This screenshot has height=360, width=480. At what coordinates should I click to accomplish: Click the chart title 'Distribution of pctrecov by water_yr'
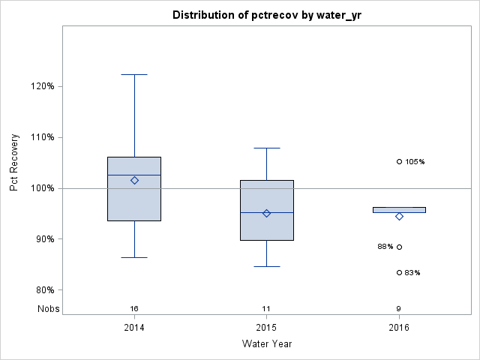click(x=266, y=15)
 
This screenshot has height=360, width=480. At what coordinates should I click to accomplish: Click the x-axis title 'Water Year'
click(x=266, y=343)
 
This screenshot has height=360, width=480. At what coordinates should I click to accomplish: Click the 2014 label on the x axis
click(x=134, y=327)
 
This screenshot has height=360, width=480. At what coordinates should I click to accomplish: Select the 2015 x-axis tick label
click(x=266, y=327)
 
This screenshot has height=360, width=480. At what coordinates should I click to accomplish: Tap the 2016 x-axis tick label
click(x=399, y=327)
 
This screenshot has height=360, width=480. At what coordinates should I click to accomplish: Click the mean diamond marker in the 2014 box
click(x=134, y=180)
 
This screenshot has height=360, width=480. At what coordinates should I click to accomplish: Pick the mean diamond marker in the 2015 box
click(x=266, y=213)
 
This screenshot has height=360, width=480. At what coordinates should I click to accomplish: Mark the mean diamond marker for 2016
click(x=399, y=216)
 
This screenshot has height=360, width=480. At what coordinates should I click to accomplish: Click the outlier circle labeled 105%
click(x=399, y=161)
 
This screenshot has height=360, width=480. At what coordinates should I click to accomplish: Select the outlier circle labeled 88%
click(x=399, y=247)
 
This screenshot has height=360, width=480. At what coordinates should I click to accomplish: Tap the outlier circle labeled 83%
click(x=399, y=272)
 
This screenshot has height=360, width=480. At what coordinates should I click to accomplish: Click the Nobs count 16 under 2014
click(x=134, y=308)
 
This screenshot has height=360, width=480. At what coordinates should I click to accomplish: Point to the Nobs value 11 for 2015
click(x=266, y=308)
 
